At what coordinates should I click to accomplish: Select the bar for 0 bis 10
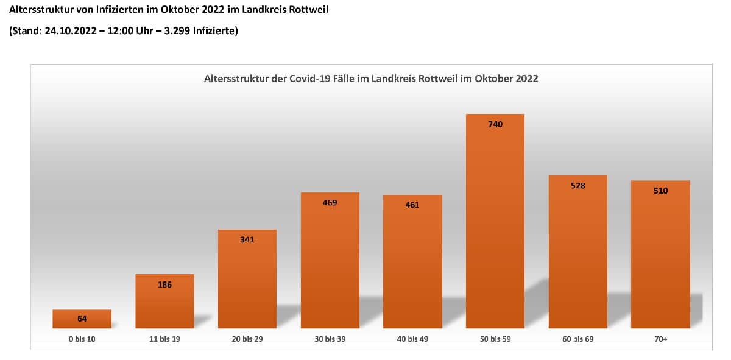point(82,319)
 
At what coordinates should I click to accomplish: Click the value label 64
point(82,319)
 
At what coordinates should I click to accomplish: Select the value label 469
point(330,203)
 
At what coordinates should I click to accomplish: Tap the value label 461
point(412,205)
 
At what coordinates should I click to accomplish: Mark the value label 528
point(577,186)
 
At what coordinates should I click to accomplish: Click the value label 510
point(660,191)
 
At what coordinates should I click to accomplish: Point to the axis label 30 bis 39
point(330,339)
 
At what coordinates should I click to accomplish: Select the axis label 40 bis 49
point(412,339)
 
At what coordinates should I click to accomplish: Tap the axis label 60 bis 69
point(577,339)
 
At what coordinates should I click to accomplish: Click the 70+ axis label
point(660,339)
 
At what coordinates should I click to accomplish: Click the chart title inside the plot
point(370,79)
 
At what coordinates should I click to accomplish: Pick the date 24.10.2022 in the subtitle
point(69,30)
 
